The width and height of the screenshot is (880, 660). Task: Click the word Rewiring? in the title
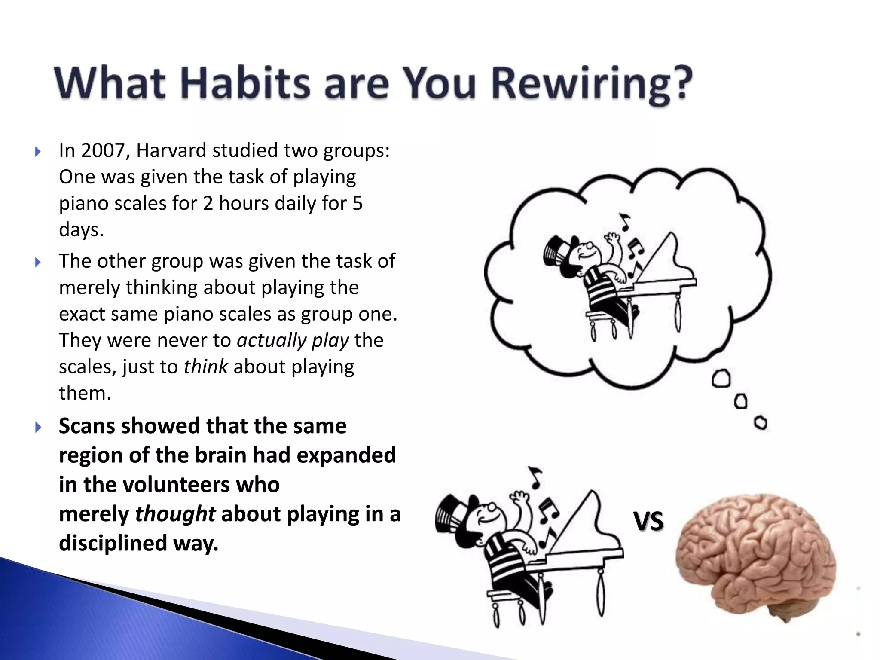(592, 84)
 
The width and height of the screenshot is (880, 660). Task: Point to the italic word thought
(175, 514)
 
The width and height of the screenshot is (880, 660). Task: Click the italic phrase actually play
(293, 341)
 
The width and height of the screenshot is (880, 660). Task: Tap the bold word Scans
(86, 426)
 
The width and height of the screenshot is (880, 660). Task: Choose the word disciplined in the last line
(113, 544)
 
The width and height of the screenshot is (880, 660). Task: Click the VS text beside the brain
(648, 521)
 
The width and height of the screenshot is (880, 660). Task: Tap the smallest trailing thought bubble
(761, 423)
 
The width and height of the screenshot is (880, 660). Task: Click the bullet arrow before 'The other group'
(38, 262)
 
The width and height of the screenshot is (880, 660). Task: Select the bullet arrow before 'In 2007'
(38, 151)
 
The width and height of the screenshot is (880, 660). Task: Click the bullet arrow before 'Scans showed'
(38, 427)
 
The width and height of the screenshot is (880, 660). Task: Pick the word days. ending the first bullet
(81, 230)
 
